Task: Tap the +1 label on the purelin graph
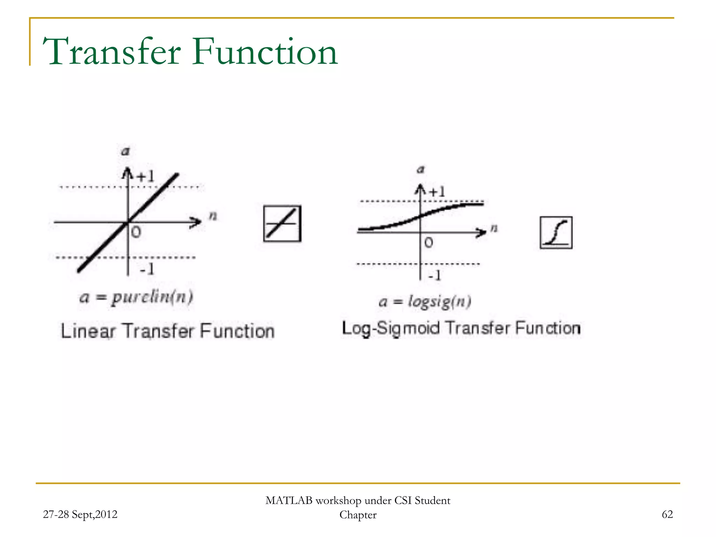tap(145, 177)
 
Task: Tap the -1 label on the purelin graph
tap(147, 269)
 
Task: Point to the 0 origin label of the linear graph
tap(136, 232)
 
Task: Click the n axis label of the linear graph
tap(213, 216)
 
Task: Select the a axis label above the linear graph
tap(125, 151)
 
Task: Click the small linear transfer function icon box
tap(282, 224)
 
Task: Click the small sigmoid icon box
tap(556, 232)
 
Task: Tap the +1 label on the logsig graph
tap(437, 192)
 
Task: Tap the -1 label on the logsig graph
tap(435, 275)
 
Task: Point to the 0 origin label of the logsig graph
tap(429, 243)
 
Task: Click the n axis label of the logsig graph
tap(494, 228)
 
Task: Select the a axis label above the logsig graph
tap(421, 170)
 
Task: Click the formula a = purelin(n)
tap(136, 298)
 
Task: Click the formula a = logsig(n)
tap(425, 301)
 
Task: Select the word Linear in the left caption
tap(88, 331)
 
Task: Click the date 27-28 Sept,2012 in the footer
tap(80, 514)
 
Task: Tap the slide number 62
tap(667, 514)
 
